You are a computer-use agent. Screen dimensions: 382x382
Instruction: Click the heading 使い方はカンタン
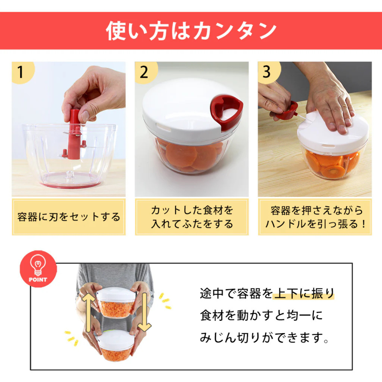191,31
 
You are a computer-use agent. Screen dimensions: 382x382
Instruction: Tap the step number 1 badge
21,72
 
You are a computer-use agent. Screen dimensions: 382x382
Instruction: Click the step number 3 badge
267,72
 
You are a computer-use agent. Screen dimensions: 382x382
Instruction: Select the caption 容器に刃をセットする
69,217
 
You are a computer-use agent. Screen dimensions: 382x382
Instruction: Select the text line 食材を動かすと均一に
261,316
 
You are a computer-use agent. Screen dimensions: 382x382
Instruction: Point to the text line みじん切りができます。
265,338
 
